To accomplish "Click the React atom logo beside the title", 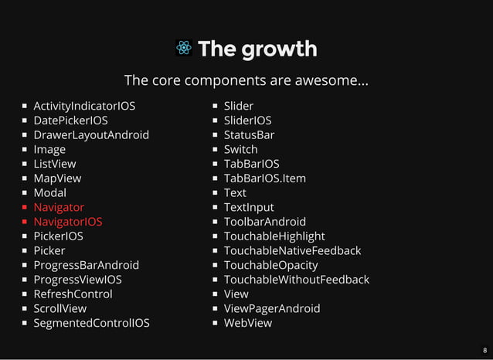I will coord(184,49).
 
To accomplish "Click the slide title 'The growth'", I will coord(257,49).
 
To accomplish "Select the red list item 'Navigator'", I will coord(59,207).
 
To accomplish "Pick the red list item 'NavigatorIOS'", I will coord(67,222).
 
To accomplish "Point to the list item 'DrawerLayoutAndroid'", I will coord(91,134).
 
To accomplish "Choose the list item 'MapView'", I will coord(57,178).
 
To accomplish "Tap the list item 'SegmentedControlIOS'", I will coord(91,323).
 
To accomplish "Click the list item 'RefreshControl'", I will coord(73,294).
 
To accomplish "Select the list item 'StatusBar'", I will coord(249,134).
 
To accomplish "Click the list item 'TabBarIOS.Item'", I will coord(265,178).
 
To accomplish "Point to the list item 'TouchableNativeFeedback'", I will coord(292,250).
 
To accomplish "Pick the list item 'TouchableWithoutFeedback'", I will coord(297,280).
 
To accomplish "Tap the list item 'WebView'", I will coord(248,323).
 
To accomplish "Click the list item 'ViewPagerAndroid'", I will coord(272,308).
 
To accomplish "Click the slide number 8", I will coord(484,351).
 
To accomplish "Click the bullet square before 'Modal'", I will coord(25,193).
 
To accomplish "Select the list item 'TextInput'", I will coord(249,207).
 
